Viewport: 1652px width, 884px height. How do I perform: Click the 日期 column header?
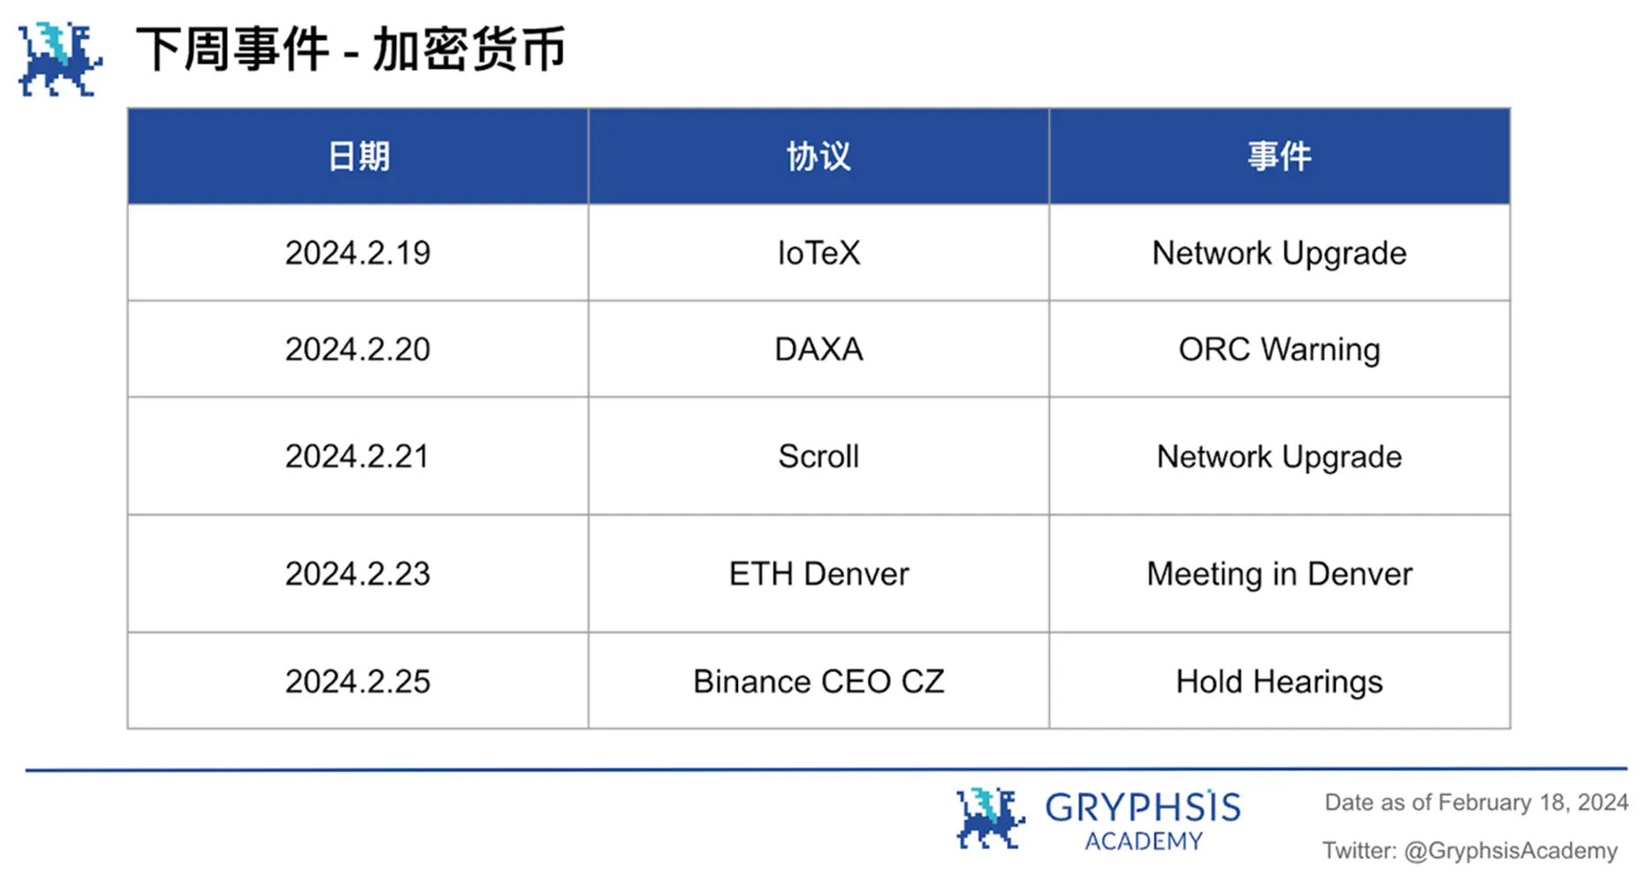click(x=358, y=156)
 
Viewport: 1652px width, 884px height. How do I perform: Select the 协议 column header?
click(x=818, y=156)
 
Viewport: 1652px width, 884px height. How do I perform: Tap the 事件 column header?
click(x=1279, y=156)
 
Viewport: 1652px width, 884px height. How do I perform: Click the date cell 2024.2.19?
click(x=358, y=253)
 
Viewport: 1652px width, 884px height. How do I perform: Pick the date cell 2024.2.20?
click(x=358, y=349)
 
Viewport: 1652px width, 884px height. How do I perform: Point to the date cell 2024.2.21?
click(x=357, y=456)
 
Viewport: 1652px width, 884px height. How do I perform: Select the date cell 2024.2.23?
click(x=358, y=574)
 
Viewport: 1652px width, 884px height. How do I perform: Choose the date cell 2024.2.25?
click(x=358, y=682)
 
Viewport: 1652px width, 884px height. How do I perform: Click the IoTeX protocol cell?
click(x=818, y=253)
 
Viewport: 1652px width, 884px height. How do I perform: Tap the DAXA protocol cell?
click(x=818, y=349)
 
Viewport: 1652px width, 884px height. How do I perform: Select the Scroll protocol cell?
click(x=818, y=456)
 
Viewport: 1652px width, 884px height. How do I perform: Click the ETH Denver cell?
click(x=818, y=574)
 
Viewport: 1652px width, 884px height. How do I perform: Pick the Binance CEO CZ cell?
click(x=818, y=682)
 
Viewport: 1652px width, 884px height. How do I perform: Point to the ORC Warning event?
click(x=1279, y=350)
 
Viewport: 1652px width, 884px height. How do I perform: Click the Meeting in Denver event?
click(x=1279, y=575)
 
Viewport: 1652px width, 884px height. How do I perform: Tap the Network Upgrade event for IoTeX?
click(x=1279, y=254)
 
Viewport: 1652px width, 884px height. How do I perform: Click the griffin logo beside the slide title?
click(x=60, y=58)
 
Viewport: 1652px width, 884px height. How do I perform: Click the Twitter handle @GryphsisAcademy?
click(x=1511, y=850)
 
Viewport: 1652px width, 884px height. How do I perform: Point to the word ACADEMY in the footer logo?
click(x=1144, y=841)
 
